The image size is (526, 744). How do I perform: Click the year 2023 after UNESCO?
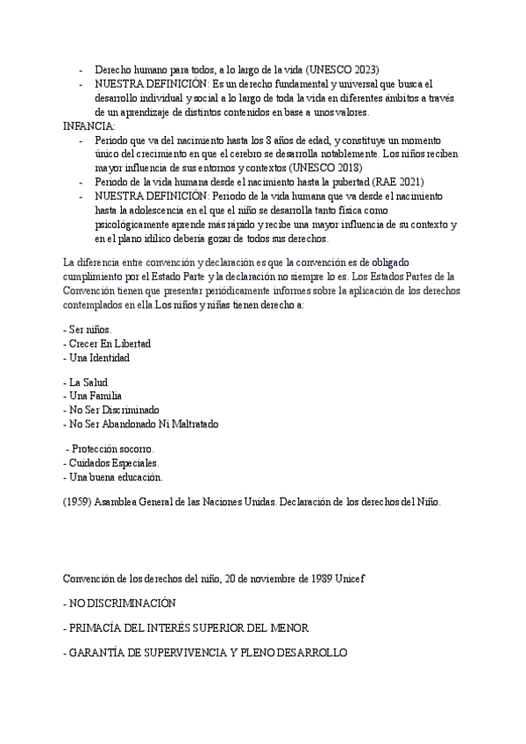pyautogui.click(x=388, y=69)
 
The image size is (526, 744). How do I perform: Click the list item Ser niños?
pyautogui.click(x=88, y=330)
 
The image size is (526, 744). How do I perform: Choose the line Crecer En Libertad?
pyautogui.click(x=108, y=344)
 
